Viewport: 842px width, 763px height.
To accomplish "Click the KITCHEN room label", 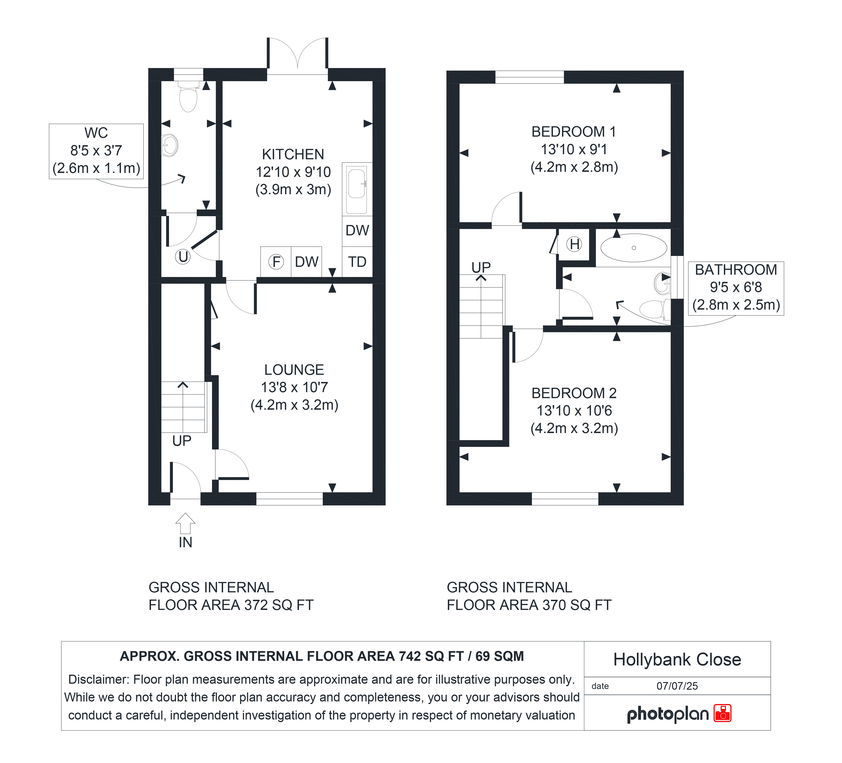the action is point(293,154).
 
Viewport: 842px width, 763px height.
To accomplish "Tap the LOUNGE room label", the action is point(294,370).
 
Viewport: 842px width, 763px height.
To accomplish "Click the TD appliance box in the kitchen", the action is point(357,262).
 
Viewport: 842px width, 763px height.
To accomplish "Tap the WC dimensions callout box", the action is point(96,151).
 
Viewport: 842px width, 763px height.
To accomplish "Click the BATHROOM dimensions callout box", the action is point(736,288).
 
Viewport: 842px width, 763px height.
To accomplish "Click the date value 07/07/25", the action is point(677,686).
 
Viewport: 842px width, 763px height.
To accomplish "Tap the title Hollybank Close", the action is point(677,660).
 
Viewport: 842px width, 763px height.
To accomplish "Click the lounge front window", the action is point(289,499).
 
